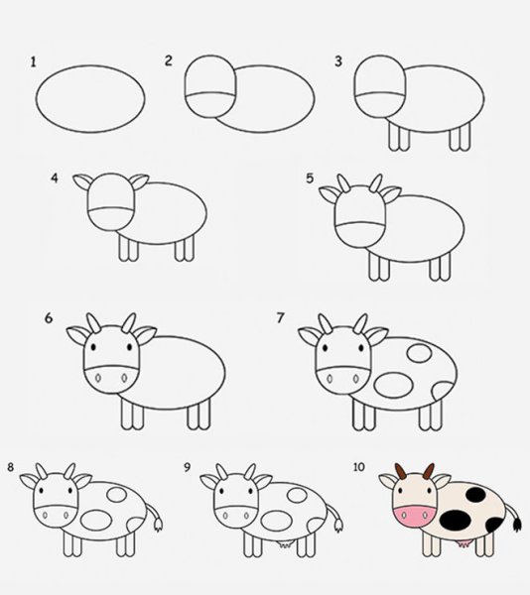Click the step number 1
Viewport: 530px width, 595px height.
coord(33,61)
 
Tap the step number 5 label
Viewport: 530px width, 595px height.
coord(310,178)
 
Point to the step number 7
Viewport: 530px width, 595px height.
coord(281,318)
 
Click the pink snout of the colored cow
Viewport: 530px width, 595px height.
coord(414,517)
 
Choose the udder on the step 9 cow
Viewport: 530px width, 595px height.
coord(286,542)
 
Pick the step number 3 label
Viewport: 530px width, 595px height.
coord(337,61)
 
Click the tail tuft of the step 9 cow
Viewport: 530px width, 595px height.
coord(336,523)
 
